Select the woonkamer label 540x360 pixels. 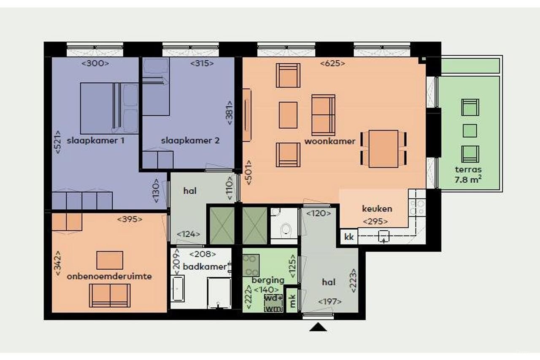(x=329, y=141)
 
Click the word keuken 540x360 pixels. (x=377, y=208)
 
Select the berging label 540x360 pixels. (x=268, y=280)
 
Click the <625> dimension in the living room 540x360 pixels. (x=332, y=64)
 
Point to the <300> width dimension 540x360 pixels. (x=95, y=63)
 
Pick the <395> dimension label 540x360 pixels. (x=129, y=219)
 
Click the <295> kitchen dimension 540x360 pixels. (x=375, y=221)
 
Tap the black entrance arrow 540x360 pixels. (x=318, y=327)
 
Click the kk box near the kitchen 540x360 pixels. (x=349, y=237)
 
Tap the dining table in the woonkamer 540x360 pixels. (x=383, y=149)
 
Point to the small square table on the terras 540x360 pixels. (x=470, y=131)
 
